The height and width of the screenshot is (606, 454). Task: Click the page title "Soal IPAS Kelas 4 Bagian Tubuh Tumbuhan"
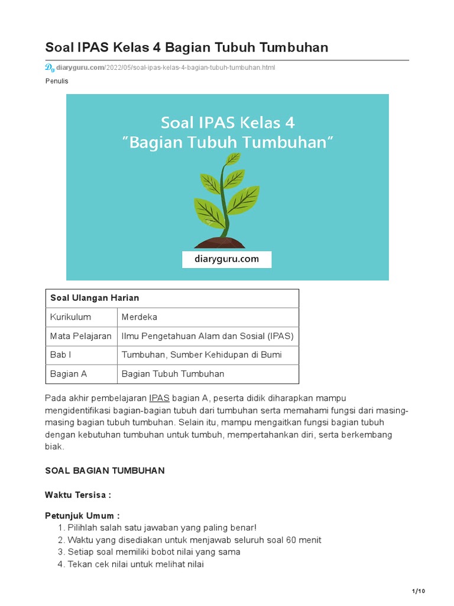coord(186,47)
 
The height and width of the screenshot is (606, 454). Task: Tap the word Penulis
coord(57,81)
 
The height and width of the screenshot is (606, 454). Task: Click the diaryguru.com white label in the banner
coord(227,259)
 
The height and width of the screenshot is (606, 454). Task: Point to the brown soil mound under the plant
coord(219,242)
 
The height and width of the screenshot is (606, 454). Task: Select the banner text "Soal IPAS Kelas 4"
coord(228,123)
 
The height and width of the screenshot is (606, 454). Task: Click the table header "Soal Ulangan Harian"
coord(95,298)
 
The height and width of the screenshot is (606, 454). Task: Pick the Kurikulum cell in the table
coord(70,317)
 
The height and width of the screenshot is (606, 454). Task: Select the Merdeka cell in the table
coord(140,317)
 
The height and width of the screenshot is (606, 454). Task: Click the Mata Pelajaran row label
coord(81,336)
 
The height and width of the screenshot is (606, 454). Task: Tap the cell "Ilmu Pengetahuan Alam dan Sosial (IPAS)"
coord(207,336)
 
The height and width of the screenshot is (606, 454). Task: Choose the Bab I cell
coord(61,355)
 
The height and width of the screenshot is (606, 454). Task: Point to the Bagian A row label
coord(69,374)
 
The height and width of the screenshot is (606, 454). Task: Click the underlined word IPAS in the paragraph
coord(159,398)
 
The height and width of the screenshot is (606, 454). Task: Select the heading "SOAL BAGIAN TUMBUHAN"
coord(105,470)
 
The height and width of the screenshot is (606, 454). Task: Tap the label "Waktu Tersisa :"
coord(78,495)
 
